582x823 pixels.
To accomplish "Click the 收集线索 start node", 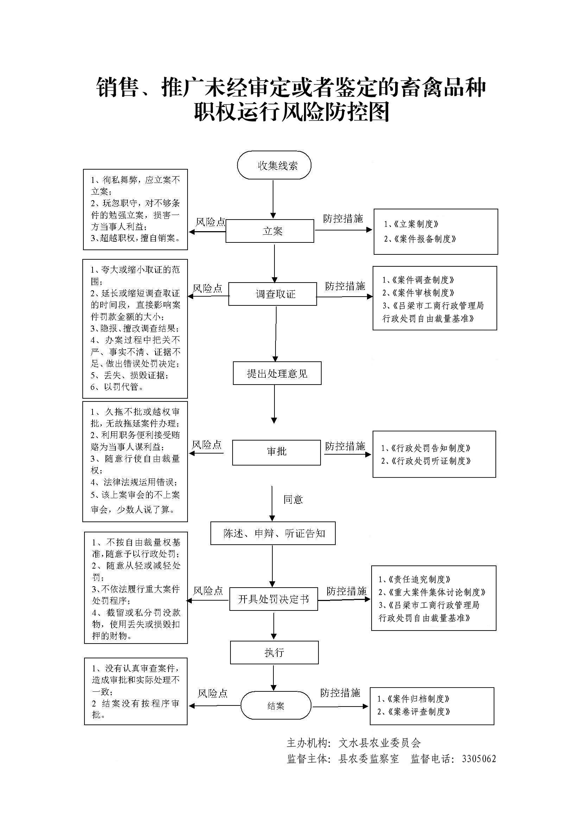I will [274, 166].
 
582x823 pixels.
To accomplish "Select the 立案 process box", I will [270, 231].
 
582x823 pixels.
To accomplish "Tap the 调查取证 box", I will [273, 294].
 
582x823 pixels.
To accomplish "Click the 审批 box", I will [276, 452].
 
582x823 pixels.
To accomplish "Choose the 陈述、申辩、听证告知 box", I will [273, 533].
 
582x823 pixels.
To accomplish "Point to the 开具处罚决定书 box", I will [273, 599].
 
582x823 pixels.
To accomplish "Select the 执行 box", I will [274, 653].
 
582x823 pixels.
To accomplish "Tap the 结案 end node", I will [276, 706].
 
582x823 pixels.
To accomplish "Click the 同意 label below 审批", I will [293, 499].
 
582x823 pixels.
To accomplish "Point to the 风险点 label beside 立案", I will [210, 222].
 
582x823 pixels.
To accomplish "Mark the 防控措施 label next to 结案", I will [340, 693].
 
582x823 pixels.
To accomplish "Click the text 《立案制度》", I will [416, 224].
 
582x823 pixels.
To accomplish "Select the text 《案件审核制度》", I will [423, 293].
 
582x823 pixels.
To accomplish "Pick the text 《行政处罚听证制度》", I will [430, 461].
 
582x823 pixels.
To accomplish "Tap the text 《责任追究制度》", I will [419, 580].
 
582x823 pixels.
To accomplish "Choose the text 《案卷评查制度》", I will [418, 711].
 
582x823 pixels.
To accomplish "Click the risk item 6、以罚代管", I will [117, 387].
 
